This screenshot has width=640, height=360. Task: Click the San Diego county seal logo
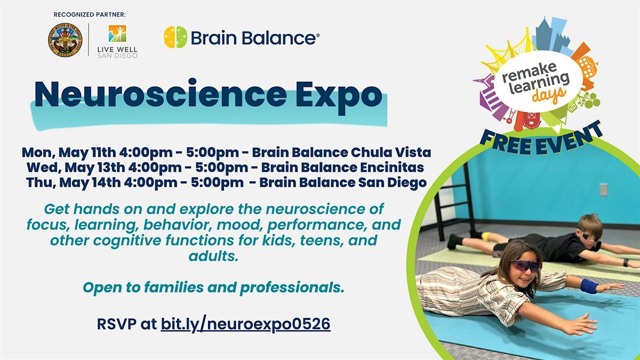pos(65,39)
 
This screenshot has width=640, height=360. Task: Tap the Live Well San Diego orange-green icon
pos(117,34)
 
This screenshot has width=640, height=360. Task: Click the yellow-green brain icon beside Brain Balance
pos(175,37)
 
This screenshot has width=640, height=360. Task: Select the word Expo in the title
pos(339,95)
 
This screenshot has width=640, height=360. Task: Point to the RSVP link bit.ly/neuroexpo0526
pos(245,324)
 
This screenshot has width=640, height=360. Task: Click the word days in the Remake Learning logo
pos(549,95)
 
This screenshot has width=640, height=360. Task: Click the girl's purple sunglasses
pos(525,266)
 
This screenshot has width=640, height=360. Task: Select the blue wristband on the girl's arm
pos(589,286)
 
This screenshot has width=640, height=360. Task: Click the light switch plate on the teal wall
pos(603,189)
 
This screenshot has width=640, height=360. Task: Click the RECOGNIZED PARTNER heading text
pos(90,14)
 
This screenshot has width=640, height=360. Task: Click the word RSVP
pos(117,324)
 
